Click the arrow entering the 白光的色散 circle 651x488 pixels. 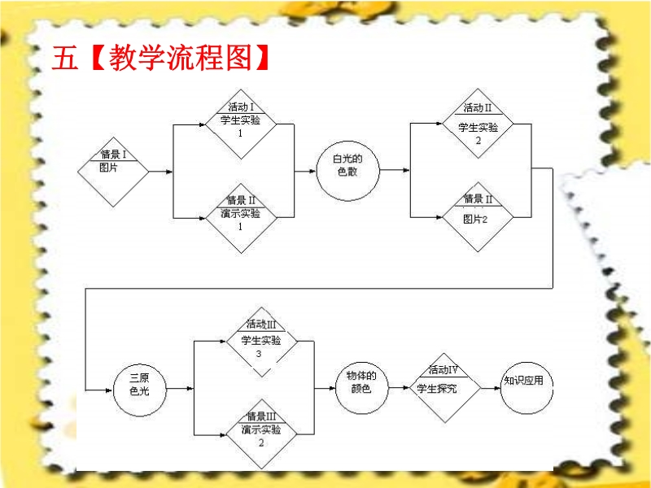tap(305, 172)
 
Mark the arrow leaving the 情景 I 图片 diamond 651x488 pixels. tap(160, 172)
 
